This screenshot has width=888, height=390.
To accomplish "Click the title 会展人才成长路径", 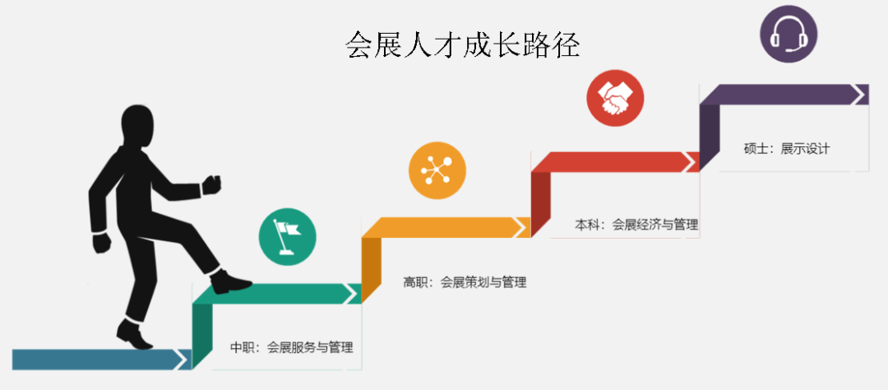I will point(463,45).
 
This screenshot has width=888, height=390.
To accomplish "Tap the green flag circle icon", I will point(288,234).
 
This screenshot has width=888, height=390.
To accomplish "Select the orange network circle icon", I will point(437,170).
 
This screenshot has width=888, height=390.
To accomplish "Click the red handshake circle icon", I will point(615,98).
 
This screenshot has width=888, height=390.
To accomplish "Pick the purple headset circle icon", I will point(789,34).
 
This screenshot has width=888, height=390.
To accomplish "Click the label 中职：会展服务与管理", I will point(292,347).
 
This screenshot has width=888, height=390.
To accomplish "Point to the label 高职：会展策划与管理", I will point(465,282).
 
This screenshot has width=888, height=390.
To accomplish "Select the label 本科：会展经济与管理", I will point(636,224).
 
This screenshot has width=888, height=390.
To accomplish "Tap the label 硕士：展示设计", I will point(787,149).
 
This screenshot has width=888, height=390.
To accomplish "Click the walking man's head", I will point(138,129).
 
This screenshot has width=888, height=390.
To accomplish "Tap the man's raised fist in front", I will point(213,183).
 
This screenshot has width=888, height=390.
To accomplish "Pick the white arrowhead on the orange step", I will point(521,226).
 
